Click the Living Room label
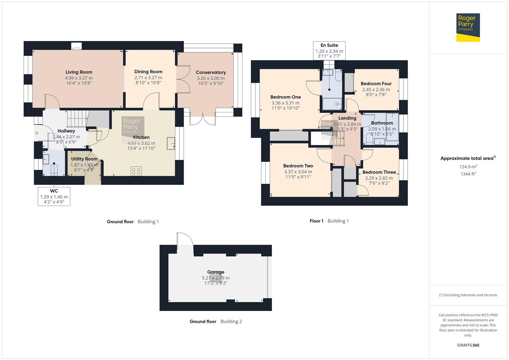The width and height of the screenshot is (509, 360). (79, 72)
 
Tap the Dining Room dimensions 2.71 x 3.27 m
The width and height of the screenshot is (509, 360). (148, 78)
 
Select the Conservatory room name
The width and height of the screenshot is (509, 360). (211, 72)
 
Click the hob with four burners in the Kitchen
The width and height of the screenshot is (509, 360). (136, 171)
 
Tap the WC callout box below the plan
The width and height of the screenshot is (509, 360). (54, 196)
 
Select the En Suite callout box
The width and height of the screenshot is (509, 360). (329, 51)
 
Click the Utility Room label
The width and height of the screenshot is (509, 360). (84, 159)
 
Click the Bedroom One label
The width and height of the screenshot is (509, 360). (285, 97)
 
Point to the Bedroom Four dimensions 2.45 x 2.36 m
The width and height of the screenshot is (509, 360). (376, 89)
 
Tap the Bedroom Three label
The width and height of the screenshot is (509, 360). (379, 172)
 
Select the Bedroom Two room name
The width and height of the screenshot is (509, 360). (298, 166)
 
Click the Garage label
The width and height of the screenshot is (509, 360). (216, 272)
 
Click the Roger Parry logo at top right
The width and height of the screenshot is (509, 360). (468, 27)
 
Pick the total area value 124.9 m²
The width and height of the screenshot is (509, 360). (468, 167)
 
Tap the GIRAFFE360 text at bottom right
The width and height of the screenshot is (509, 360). (468, 345)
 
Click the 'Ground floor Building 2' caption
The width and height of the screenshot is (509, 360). (216, 321)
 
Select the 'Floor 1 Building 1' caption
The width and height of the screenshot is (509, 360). (329, 221)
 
